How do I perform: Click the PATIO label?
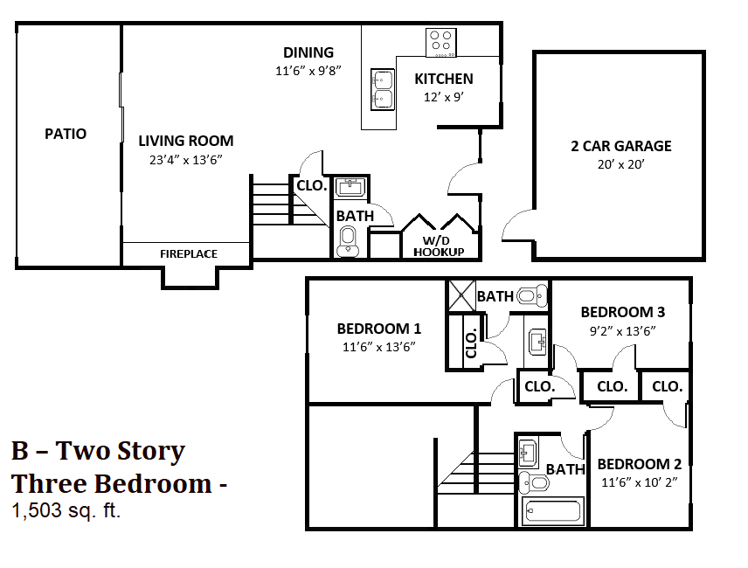coord(66,134)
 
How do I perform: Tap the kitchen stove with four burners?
coord(441,41)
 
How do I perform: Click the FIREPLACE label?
coord(189,253)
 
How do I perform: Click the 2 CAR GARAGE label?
coord(621,146)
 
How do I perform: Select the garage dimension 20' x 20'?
coord(620,164)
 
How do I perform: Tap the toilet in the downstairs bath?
coord(349,240)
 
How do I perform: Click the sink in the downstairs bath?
coord(351,187)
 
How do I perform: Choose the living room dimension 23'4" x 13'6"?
coord(186,159)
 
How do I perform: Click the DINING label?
coord(308,52)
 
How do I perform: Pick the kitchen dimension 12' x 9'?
coord(444,97)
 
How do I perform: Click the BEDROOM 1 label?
coord(379,329)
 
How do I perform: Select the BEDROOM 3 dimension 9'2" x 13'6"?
coord(623,330)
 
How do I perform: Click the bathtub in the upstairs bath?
coord(552,511)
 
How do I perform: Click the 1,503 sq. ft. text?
coord(66,511)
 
